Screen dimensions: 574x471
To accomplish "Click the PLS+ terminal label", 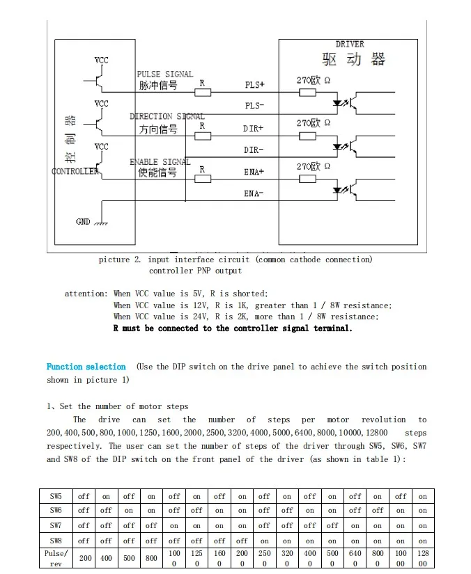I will coord(254,85).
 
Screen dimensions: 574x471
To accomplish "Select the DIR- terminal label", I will coord(254,150).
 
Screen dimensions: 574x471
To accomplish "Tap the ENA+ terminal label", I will coord(254,171).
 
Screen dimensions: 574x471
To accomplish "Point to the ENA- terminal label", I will coord(254,193).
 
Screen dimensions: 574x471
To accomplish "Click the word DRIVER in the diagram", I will coord(350,45).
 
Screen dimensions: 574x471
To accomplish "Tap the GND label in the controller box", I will coord(83,222).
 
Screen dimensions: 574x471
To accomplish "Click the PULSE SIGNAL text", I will coord(164,74).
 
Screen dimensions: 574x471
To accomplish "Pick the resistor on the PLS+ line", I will coord(203,92).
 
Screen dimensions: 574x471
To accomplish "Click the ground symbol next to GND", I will coord(101,223).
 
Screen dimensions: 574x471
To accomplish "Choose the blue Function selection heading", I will coord(86,367).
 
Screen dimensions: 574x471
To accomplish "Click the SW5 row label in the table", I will coord(56,496).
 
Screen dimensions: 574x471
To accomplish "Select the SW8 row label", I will coord(56,540).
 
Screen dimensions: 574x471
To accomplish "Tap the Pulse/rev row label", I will coord(56,558).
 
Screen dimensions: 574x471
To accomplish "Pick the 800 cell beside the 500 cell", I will coord(151,558).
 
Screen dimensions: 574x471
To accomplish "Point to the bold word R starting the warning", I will coord(116,328).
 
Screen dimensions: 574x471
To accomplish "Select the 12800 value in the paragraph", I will coord(376,433).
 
